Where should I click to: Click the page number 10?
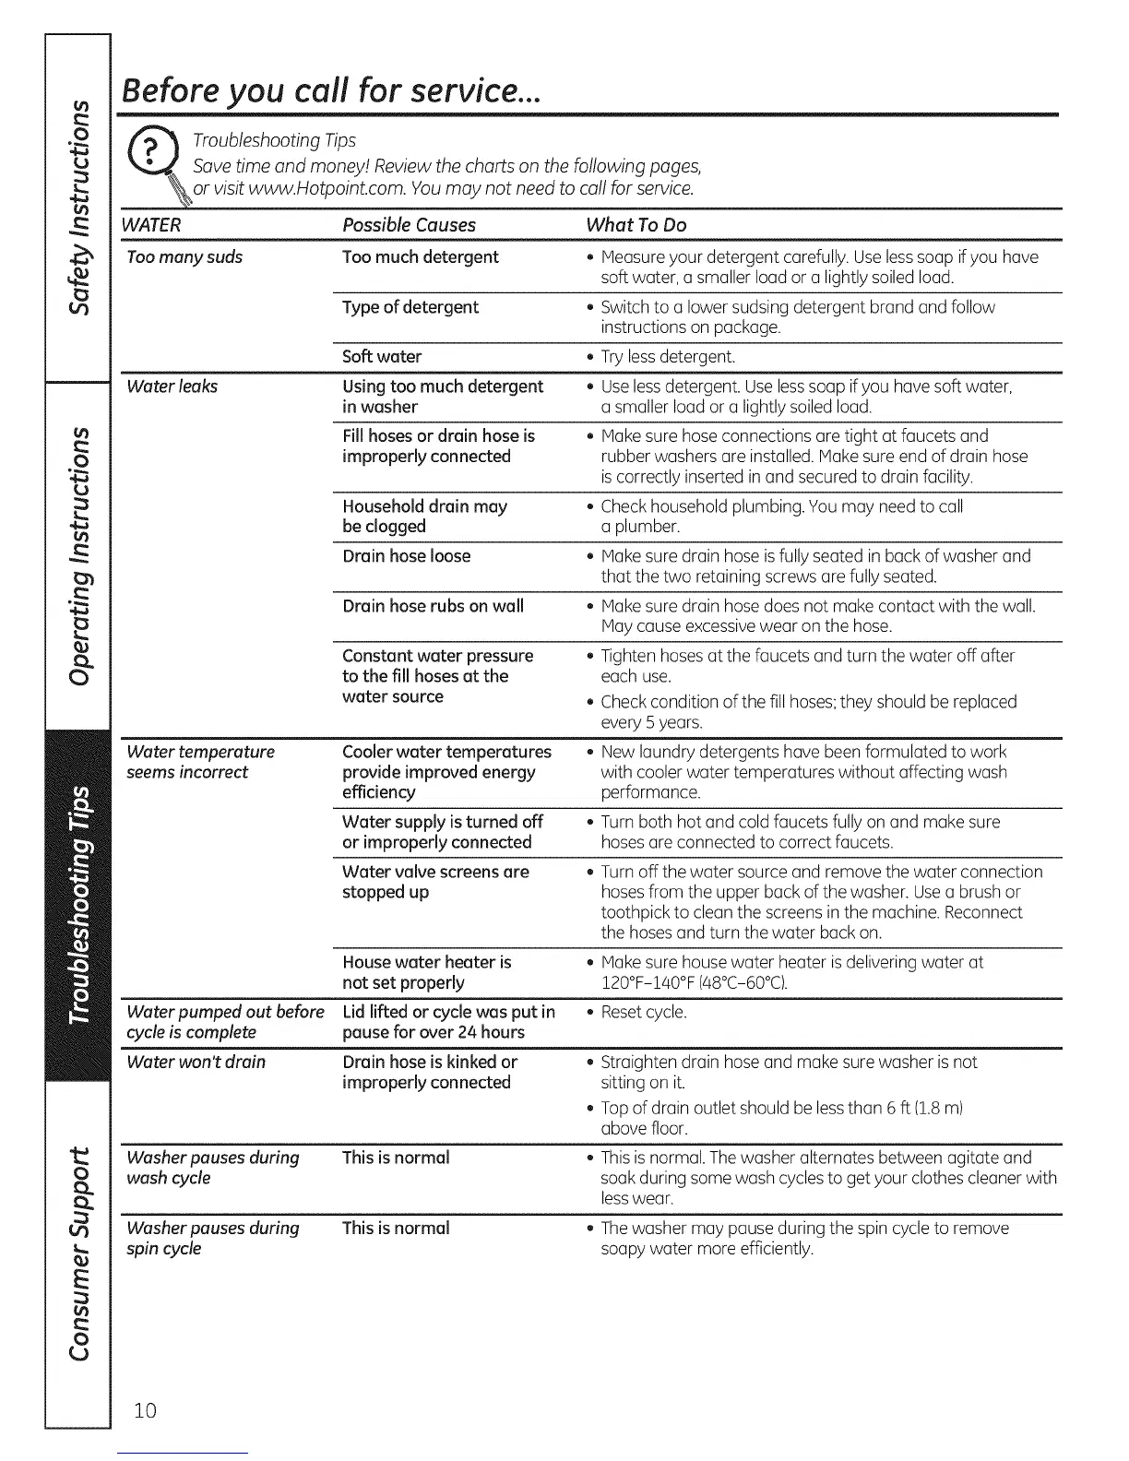[145, 1410]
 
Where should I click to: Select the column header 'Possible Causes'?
[409, 225]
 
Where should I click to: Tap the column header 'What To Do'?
[636, 225]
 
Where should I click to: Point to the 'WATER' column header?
[153, 225]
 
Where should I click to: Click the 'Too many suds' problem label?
[184, 257]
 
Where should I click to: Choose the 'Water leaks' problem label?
[172, 386]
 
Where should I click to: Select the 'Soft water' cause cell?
[382, 356]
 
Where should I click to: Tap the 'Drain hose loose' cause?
[406, 556]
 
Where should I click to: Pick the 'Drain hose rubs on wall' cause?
[433, 606]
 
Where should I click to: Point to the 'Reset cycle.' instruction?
[644, 1013]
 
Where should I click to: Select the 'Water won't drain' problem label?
[196, 1063]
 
